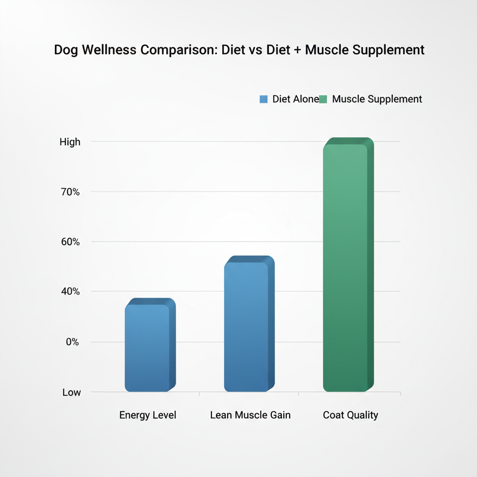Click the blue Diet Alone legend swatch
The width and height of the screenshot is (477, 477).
click(264, 99)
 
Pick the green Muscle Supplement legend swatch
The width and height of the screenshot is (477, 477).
click(324, 99)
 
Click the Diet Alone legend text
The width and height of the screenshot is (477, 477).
click(295, 99)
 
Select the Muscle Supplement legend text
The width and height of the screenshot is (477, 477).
click(377, 99)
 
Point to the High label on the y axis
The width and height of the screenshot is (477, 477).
click(70, 142)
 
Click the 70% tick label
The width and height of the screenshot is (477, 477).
click(70, 192)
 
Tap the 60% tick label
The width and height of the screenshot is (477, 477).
click(70, 242)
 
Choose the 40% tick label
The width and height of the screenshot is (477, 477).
click(70, 292)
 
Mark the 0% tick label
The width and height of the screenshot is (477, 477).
click(72, 342)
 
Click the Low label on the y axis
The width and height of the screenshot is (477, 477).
click(72, 393)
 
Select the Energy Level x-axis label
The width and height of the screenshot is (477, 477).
click(148, 415)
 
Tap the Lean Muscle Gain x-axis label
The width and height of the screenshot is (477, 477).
click(250, 415)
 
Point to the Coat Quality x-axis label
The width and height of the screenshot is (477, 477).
click(350, 415)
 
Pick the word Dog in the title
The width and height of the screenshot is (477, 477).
click(66, 50)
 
